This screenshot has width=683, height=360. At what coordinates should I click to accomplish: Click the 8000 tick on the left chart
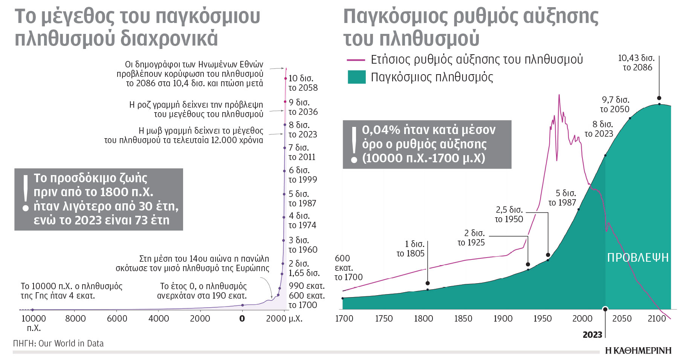tap(75, 319)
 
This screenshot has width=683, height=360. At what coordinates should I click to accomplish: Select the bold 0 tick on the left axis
tap(242, 319)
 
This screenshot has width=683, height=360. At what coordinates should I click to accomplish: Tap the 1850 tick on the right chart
tap(463, 319)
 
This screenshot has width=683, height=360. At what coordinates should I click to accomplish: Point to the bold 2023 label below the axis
tap(592, 335)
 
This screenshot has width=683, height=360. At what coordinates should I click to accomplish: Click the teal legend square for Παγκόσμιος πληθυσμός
tap(356, 77)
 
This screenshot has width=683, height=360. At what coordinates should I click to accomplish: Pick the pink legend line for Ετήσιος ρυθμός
tap(356, 60)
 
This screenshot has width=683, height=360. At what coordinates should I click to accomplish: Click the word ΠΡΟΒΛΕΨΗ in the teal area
tap(638, 258)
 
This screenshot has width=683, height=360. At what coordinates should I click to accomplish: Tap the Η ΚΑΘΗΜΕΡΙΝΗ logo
tap(638, 351)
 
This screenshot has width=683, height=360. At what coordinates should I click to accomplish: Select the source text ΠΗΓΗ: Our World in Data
tap(58, 343)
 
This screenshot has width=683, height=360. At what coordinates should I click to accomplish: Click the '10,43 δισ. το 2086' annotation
tap(637, 63)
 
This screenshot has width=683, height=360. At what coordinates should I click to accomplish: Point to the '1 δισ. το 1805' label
tap(411, 249)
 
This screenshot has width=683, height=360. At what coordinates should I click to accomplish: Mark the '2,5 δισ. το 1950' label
tap(509, 215)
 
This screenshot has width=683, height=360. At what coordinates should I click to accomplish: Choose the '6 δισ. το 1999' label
tap(303, 175)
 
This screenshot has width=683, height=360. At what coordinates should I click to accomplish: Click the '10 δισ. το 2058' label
tap(303, 83)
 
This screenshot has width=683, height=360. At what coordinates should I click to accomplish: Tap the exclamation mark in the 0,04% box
tap(354, 145)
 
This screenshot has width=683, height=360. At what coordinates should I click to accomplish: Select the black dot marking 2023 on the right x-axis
tap(605, 309)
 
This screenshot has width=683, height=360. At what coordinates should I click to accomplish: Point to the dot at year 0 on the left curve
tap(242, 305)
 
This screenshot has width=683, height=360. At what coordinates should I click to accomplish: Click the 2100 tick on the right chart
tap(657, 319)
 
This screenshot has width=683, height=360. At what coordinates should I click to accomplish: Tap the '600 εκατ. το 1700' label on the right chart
tap(348, 268)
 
